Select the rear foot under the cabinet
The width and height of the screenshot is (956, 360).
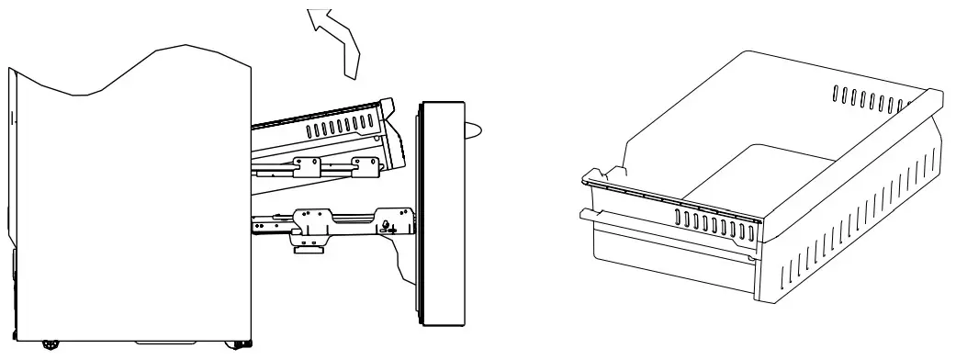47,346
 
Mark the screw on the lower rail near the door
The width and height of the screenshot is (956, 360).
386,222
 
